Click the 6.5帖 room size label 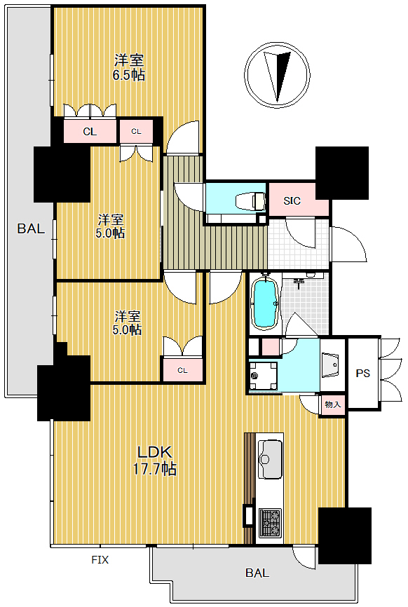(x=129, y=74)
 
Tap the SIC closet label (x=292, y=201)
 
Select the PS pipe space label (x=362, y=373)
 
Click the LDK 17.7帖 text (x=155, y=460)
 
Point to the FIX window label (x=100, y=560)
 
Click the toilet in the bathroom (x=251, y=201)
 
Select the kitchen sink (x=270, y=459)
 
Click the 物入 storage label (x=333, y=404)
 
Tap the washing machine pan (x=263, y=376)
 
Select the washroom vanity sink (x=330, y=365)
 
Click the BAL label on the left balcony (x=31, y=229)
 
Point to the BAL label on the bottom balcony (x=257, y=573)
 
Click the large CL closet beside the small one (x=90, y=131)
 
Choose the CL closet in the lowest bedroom (x=183, y=370)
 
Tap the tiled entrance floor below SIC (x=298, y=243)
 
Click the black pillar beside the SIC (x=342, y=172)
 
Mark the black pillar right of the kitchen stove (x=344, y=536)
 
